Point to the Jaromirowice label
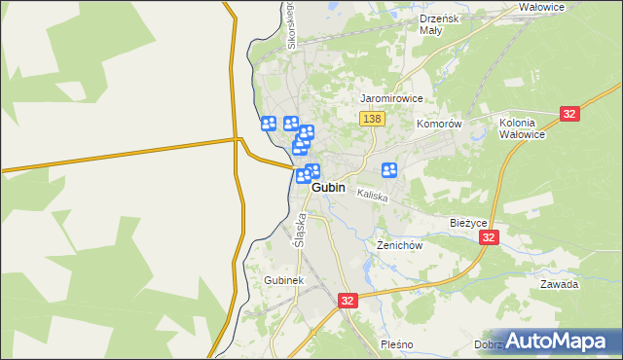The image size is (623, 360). pos(391,98)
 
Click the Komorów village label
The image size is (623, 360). pos(438,125)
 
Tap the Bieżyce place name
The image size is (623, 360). pos(467,222)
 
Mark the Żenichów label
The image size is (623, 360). pos(399,245)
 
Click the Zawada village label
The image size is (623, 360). pos(560,284)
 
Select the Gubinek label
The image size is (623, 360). pos(284,280)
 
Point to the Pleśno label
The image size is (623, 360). pos(397,344)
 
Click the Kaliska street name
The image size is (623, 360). pos(372,197)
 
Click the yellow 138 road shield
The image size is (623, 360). pos(372,119)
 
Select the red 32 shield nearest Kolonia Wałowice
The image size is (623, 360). pos(570,114)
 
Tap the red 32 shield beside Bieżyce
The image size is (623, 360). pos(489,237)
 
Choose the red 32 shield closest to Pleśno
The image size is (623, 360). pos(348,302)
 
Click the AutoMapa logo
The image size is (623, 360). pos(559,341)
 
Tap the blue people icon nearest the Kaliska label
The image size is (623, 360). pos(389,170)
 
